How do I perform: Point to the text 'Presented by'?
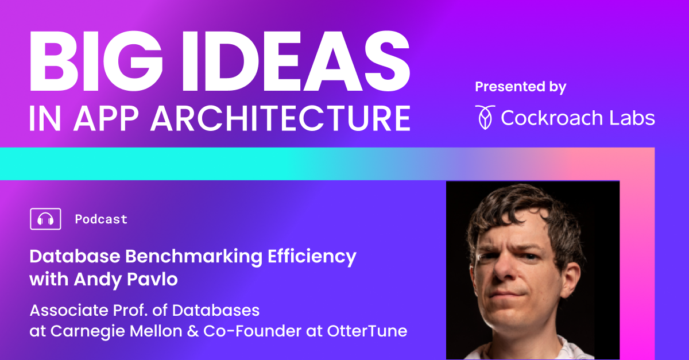(x=520, y=87)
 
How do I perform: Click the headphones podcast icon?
(x=45, y=219)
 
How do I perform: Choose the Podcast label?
(x=101, y=219)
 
